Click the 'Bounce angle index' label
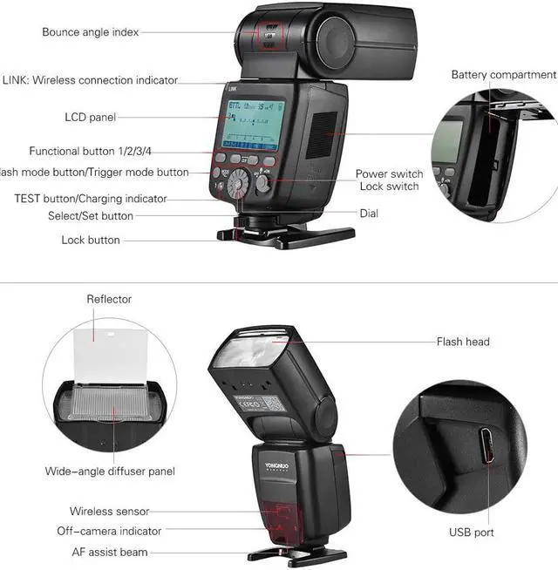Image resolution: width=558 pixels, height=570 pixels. [x=90, y=32]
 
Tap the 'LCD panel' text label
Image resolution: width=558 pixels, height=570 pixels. [x=90, y=117]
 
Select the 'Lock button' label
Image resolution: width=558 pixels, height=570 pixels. [x=91, y=240]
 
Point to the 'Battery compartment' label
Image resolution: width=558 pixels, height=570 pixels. [x=503, y=75]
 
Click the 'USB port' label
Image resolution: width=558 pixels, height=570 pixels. [x=472, y=532]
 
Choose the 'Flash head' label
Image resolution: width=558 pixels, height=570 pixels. [x=463, y=342]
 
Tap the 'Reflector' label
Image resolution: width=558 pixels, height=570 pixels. [x=109, y=299]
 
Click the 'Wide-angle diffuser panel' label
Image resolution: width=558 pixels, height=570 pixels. [x=110, y=472]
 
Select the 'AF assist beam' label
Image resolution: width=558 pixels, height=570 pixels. [x=110, y=552]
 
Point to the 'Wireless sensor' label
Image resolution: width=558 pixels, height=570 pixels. [x=110, y=512]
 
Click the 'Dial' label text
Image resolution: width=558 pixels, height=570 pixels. [x=369, y=213]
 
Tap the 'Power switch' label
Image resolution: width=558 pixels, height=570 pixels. [x=389, y=174]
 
